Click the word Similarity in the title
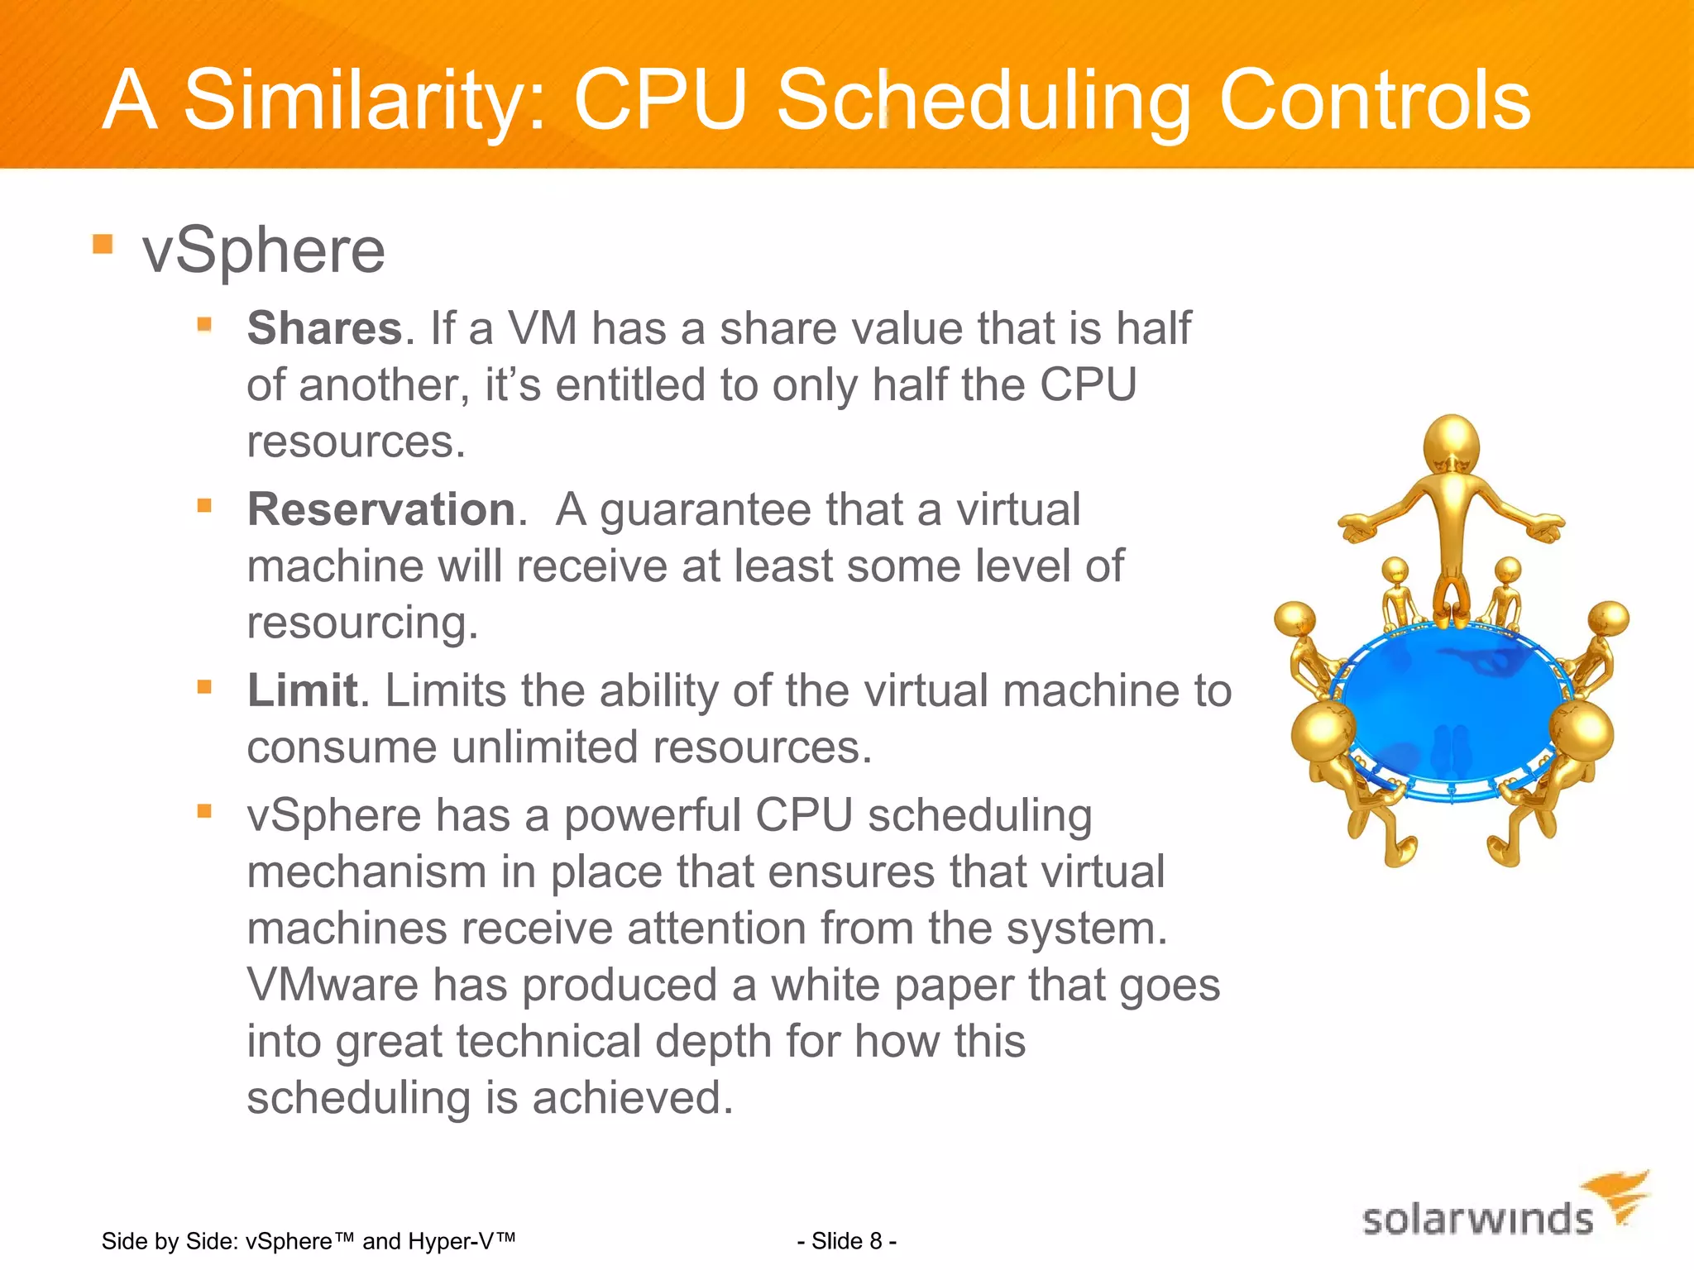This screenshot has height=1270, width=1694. point(364,101)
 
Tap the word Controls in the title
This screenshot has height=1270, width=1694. point(1374,101)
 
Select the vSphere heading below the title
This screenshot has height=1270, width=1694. point(263,250)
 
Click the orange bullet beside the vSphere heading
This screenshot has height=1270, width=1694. point(103,244)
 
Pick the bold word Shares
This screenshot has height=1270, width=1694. point(324,327)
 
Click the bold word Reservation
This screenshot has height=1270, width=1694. point(381,508)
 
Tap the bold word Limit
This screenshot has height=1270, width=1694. point(302,690)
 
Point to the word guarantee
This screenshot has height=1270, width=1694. point(705,510)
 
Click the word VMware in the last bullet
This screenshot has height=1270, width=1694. point(333,985)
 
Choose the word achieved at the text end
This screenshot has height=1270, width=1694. point(633,1098)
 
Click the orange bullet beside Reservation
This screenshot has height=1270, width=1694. point(204,504)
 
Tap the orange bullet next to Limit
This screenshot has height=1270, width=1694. point(204,686)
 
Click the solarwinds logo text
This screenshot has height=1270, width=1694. point(1477,1220)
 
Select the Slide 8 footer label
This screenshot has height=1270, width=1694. point(846,1241)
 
